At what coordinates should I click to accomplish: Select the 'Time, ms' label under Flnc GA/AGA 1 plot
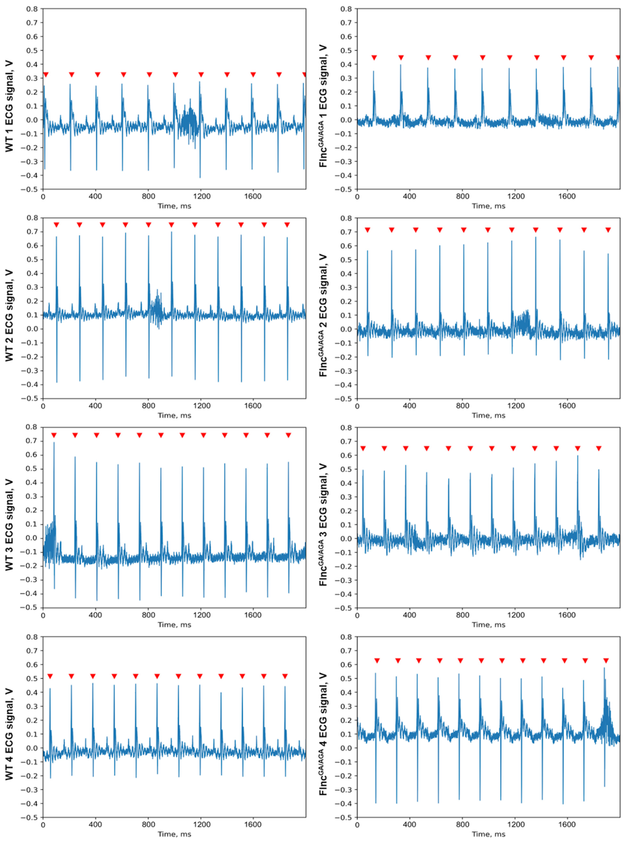pyautogui.click(x=488, y=206)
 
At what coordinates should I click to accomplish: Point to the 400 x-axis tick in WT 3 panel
pyautogui.click(x=95, y=615)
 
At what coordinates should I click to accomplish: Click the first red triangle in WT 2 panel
pyautogui.click(x=56, y=225)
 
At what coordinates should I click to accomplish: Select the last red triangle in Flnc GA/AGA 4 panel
pyautogui.click(x=606, y=661)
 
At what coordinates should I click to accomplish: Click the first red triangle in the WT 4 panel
pyautogui.click(x=50, y=676)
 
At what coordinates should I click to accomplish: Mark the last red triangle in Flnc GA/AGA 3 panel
pyautogui.click(x=599, y=449)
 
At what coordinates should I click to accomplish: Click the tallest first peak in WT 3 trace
pyautogui.click(x=54, y=443)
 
